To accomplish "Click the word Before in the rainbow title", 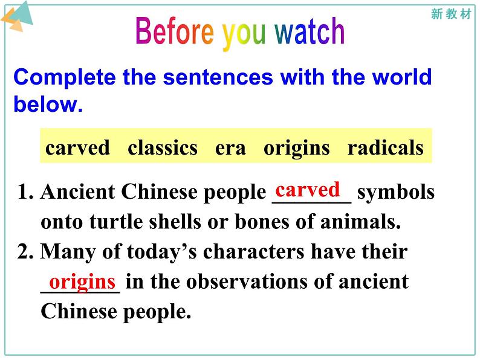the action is (x=175, y=31).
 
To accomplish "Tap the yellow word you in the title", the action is (x=244, y=34).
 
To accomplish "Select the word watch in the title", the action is (x=310, y=31).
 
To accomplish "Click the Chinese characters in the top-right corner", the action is (x=451, y=14).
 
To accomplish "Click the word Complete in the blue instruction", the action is (x=65, y=77).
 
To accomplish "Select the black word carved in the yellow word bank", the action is (x=77, y=147).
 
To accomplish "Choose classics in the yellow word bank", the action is (x=163, y=147).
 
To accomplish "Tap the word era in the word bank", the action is (x=230, y=149).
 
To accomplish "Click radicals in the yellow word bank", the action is (x=386, y=147).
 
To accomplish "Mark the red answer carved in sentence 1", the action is (x=308, y=190).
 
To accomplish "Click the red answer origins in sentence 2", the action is (x=82, y=282).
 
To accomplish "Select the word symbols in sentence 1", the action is (x=396, y=193).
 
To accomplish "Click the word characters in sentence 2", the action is (x=254, y=252).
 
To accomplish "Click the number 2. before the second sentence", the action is (x=25, y=252).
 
